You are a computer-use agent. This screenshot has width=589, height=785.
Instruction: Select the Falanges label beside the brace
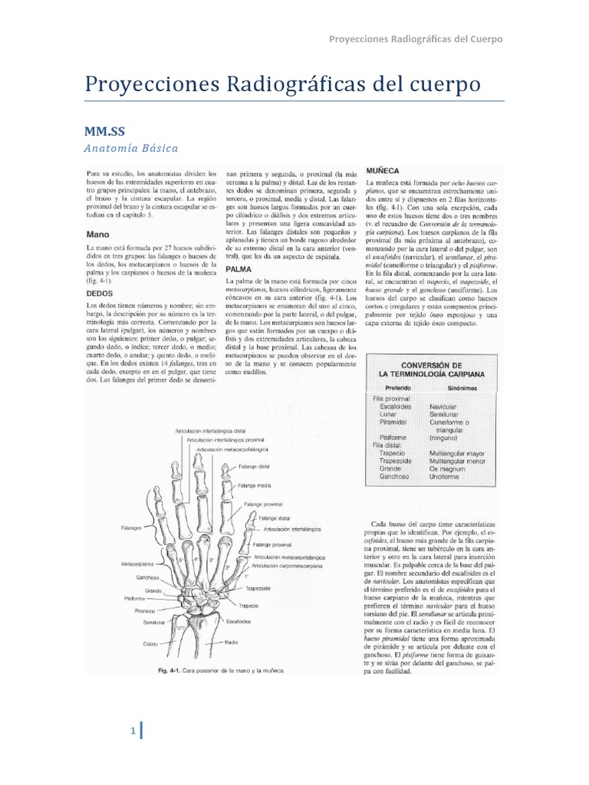[x=130, y=528]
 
